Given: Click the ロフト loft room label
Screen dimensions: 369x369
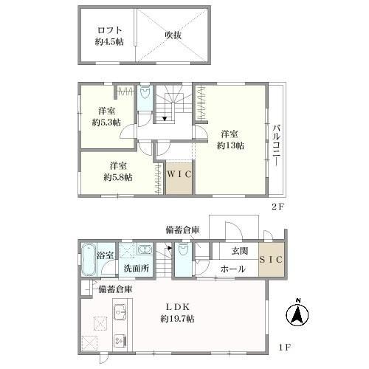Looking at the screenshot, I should coord(108,35).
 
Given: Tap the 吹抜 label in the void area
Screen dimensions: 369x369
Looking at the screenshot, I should coord(173,35).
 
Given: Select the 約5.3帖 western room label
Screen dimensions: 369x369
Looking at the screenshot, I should coord(107,117).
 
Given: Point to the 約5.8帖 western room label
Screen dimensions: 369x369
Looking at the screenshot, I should coord(117,171).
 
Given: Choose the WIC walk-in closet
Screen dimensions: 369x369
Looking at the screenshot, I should coord(179,175).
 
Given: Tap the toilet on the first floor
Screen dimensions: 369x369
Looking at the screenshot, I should coord(182,251).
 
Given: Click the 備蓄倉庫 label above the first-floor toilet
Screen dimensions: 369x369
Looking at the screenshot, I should coord(182,231).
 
